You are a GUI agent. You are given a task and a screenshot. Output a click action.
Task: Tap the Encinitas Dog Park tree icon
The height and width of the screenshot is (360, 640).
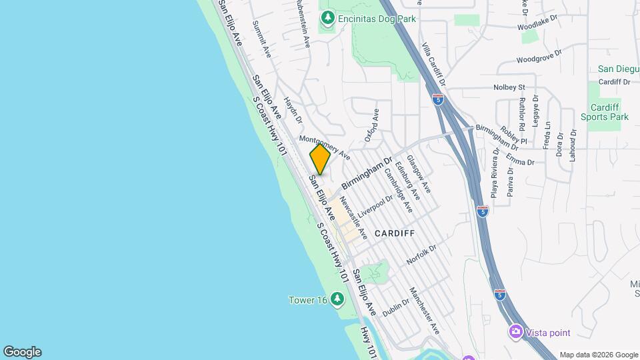(x=327, y=19)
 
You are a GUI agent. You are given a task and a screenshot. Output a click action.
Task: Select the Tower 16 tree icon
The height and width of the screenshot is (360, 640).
(x=337, y=299)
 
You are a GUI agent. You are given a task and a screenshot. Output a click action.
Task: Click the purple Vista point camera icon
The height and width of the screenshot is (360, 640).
(x=516, y=331)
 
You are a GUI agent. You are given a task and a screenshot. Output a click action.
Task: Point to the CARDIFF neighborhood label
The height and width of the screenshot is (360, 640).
(x=395, y=233)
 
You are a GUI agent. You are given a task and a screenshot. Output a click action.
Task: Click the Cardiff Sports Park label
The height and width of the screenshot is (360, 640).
(x=609, y=112)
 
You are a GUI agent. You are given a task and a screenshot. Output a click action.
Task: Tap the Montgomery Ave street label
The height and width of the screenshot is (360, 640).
(x=325, y=147)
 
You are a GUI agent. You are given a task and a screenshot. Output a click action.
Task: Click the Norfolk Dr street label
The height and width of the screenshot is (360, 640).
(x=421, y=255)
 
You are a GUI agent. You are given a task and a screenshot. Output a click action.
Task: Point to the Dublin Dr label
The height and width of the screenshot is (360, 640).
(x=396, y=307)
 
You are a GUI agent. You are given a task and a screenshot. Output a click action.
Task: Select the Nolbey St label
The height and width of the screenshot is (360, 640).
(x=509, y=87)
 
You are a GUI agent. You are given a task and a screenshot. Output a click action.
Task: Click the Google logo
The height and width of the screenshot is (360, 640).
(x=22, y=352)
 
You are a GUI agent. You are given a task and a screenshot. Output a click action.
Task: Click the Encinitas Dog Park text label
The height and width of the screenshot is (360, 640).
(x=377, y=19)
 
